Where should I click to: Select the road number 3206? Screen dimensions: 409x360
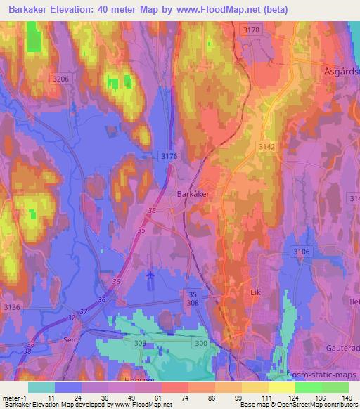coord(60,79)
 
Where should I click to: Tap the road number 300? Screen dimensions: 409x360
coord(201,342)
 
